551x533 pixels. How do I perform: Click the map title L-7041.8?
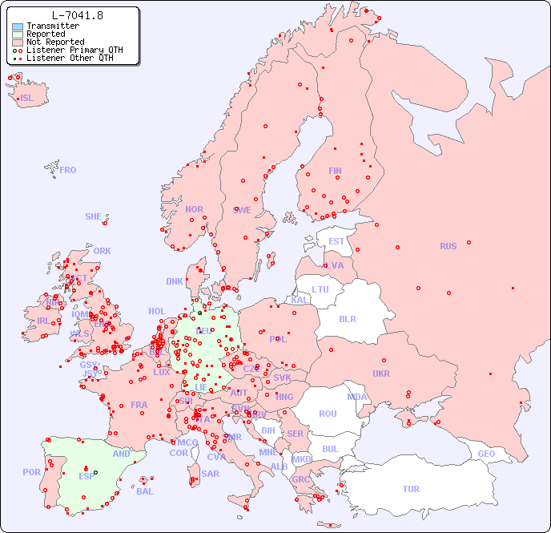tap(77, 15)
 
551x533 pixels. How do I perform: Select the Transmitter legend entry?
tap(52, 26)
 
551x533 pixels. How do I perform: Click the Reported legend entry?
tap(46, 34)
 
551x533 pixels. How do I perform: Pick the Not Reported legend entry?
tap(54, 42)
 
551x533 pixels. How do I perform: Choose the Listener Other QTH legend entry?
tap(70, 58)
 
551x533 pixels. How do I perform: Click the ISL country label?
tap(27, 99)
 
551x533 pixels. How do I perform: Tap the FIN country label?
tap(335, 171)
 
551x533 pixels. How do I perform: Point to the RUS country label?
tap(448, 246)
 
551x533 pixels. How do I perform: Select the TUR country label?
tap(411, 489)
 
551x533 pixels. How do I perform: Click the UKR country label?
tap(381, 374)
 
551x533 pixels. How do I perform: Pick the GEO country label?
tap(486, 454)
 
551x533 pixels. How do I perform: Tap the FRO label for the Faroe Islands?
tap(68, 170)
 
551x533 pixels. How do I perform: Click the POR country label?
tap(31, 472)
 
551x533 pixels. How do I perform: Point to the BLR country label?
tap(347, 318)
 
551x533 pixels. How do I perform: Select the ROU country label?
tap(328, 414)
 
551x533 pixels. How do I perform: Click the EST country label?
tap(336, 241)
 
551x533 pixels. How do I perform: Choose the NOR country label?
tap(194, 209)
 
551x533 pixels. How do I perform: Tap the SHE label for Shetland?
tap(94, 216)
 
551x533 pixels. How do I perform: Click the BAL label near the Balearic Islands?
tap(144, 491)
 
